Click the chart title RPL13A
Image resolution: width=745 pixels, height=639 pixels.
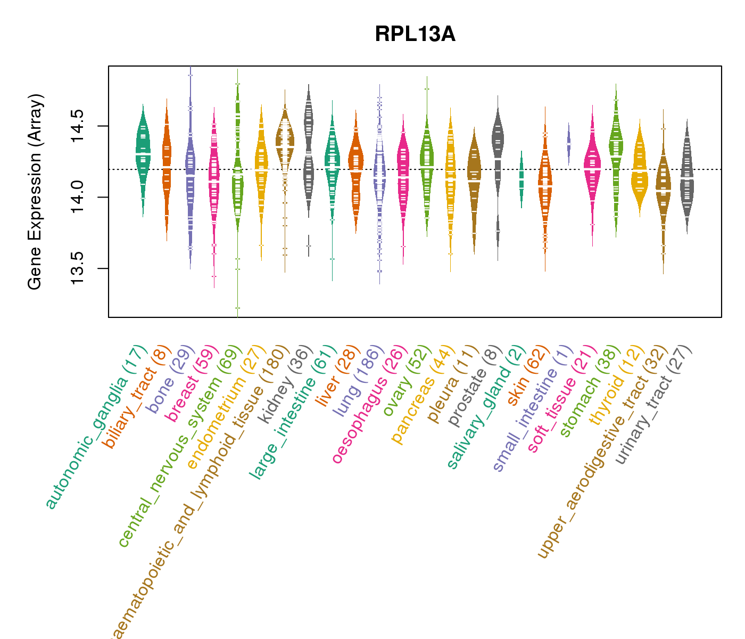[415, 35]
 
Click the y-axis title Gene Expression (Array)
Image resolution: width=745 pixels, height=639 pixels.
[35, 192]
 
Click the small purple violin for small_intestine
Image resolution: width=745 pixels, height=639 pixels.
[568, 144]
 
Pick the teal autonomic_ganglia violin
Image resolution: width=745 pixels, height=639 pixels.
[143, 154]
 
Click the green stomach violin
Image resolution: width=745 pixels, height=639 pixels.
[616, 154]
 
